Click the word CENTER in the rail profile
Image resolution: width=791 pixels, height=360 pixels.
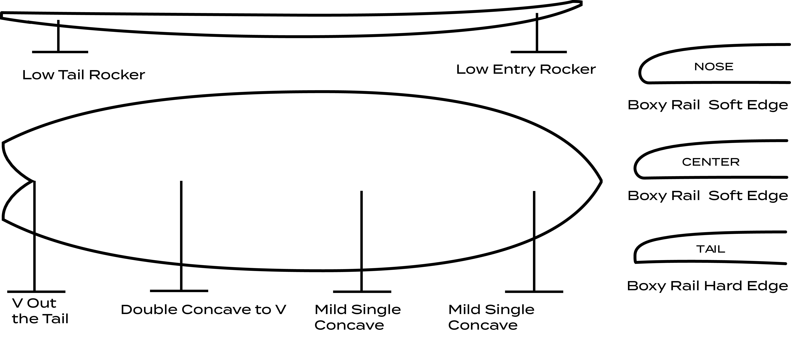click(x=711, y=162)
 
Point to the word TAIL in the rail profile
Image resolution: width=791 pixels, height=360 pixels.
click(x=711, y=249)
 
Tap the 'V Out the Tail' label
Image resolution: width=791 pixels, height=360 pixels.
click(x=40, y=311)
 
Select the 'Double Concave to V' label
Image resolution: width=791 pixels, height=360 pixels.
click(x=203, y=310)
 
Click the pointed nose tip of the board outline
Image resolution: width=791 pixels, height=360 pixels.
click(x=601, y=181)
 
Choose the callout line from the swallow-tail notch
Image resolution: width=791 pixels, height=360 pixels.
click(x=34, y=236)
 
